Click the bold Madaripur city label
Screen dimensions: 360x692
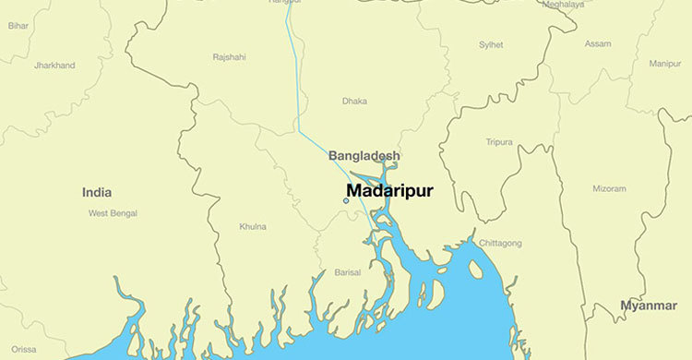[x=389, y=191]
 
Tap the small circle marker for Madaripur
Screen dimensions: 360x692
[x=346, y=200]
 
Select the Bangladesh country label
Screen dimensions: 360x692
[x=364, y=156]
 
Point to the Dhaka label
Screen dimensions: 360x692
[x=354, y=101]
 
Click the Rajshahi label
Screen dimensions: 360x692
[x=229, y=57]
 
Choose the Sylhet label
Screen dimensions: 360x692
[x=491, y=44]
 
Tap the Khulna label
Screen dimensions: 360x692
[x=253, y=226]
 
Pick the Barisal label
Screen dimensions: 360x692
[x=347, y=274]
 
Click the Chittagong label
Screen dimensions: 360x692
[x=500, y=244]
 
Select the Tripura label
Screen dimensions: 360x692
[x=499, y=142]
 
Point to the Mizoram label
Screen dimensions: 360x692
[x=609, y=188]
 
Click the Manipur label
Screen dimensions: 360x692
[x=664, y=64]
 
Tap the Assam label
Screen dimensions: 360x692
[x=598, y=44]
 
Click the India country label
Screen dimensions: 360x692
[x=97, y=193]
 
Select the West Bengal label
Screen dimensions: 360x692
[x=113, y=213]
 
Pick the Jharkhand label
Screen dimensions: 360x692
[x=54, y=66]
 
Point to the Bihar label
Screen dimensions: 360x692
[x=18, y=26]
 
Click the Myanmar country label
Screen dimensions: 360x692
[x=648, y=306]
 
